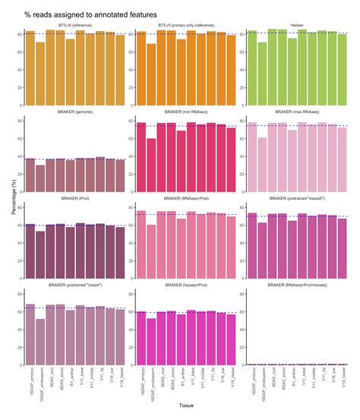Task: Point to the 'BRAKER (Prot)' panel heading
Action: pyautogui.click(x=74, y=196)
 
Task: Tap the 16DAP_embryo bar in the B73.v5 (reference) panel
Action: pyautogui.click(x=30, y=69)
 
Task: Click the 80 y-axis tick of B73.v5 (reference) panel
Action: pyautogui.click(x=20, y=33)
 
